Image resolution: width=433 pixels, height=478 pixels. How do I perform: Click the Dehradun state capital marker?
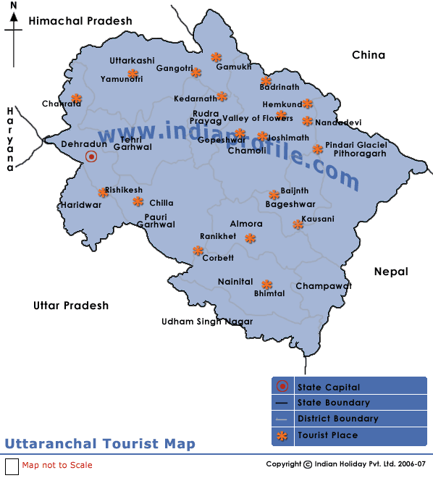91,156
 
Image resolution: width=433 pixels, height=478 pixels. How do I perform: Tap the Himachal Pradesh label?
80,21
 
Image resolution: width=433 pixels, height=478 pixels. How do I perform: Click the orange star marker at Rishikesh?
103,192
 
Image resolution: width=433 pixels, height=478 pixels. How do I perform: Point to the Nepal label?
391,272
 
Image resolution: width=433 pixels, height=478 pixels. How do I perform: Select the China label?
369,55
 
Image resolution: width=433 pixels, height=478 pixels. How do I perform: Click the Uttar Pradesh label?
71,306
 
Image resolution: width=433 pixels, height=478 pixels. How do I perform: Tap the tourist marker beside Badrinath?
266,81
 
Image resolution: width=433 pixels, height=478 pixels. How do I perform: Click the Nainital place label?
235,282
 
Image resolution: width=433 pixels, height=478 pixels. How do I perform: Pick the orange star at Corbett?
198,251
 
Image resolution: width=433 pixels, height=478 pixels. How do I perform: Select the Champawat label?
323,286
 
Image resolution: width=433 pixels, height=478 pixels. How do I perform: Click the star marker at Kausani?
298,225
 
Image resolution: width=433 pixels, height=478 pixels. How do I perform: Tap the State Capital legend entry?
328,387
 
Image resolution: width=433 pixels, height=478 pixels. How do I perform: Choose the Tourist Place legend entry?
327,435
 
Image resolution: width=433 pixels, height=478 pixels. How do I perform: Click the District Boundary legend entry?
337,419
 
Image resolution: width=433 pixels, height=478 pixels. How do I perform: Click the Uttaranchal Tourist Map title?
100,444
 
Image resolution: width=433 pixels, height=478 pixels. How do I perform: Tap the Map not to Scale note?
57,465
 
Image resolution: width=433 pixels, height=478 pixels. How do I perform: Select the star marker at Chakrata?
76,98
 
